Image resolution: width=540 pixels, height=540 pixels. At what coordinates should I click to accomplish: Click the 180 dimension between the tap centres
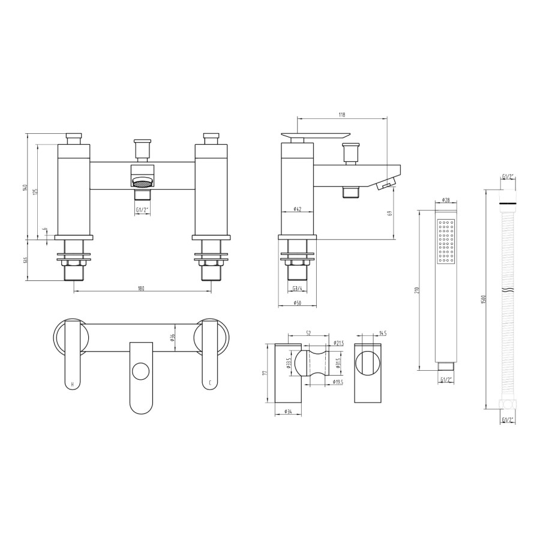click(141, 288)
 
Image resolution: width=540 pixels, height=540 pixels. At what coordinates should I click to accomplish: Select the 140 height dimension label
click(26, 187)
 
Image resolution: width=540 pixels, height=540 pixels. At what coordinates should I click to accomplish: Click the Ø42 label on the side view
click(298, 209)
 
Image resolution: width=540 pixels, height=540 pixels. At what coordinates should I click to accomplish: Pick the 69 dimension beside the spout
click(391, 213)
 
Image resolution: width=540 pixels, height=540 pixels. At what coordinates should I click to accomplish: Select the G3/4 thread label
click(298, 289)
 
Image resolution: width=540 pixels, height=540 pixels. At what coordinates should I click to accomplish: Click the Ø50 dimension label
click(298, 303)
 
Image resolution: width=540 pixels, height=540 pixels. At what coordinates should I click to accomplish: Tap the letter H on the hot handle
click(73, 383)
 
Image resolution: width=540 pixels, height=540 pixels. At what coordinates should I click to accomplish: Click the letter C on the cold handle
click(209, 383)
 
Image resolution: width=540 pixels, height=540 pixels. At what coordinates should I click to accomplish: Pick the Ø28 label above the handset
click(446, 200)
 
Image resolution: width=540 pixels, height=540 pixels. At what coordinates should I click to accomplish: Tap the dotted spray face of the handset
click(446, 241)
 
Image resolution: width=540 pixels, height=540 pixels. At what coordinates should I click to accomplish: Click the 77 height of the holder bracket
click(265, 373)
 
